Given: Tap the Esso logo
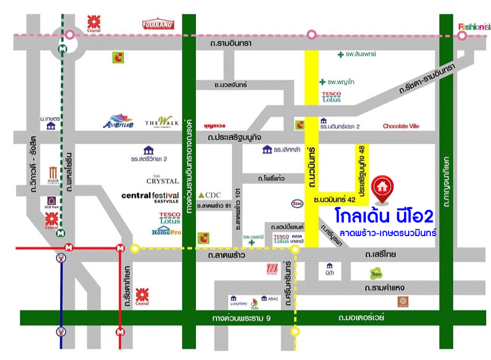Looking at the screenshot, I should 296,204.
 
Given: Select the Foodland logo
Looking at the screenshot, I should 159,25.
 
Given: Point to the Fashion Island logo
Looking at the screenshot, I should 474,26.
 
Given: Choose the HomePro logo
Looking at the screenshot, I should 166,231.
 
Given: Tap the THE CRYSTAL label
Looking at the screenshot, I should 162,181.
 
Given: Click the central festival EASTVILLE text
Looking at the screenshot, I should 150,196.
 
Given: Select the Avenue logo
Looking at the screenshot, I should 118,121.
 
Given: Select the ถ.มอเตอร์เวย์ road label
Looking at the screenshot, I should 361,318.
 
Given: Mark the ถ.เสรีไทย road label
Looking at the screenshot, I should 381,253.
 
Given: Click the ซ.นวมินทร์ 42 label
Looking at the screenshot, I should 334,200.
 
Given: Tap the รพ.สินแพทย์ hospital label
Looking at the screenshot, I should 357,55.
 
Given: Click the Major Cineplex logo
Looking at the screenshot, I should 53,177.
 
